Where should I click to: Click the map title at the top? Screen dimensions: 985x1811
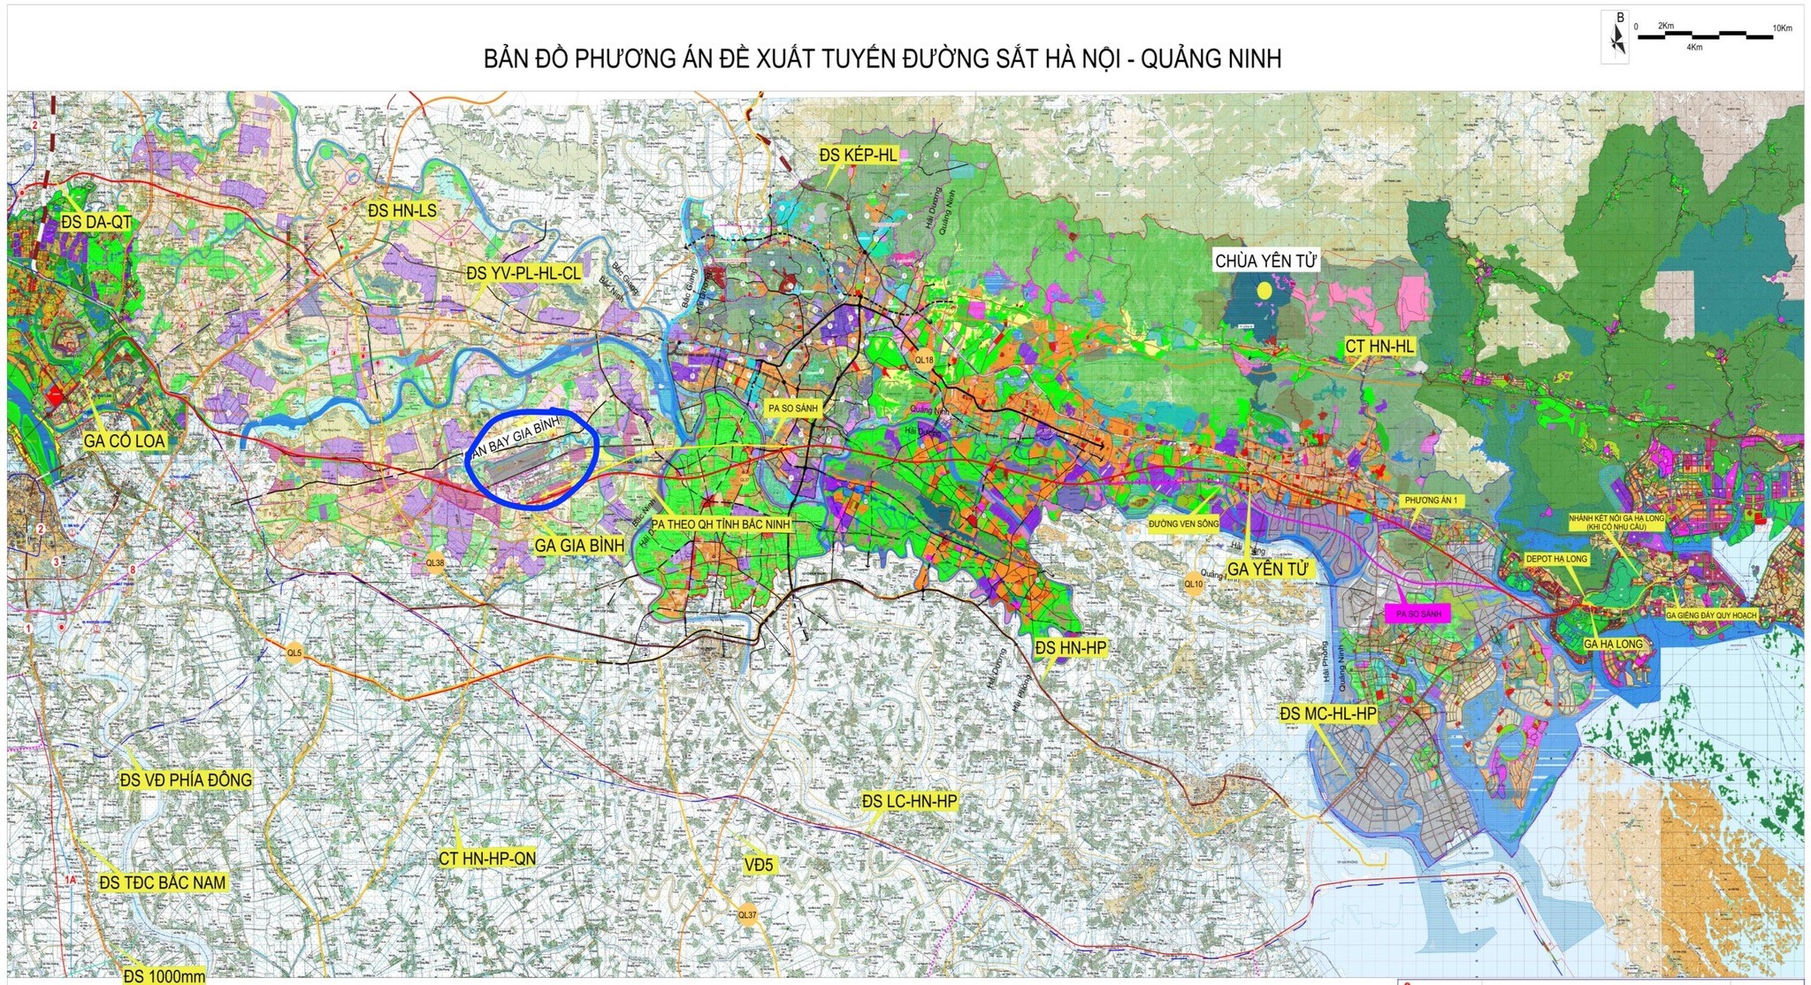tap(882, 59)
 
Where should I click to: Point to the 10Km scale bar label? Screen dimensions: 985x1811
tap(1781, 28)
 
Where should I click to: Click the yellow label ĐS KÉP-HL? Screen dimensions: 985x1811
tap(858, 156)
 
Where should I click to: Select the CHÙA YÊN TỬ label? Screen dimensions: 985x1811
tap(1265, 261)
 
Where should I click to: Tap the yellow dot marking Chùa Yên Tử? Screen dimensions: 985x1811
tap(1265, 290)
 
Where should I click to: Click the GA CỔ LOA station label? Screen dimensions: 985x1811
tap(125, 440)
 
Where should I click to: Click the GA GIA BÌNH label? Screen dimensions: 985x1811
tap(579, 545)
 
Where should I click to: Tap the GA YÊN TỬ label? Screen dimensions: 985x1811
tap(1267, 569)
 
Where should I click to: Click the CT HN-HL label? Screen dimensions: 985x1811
tap(1379, 347)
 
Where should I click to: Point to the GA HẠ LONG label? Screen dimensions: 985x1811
tap(1613, 644)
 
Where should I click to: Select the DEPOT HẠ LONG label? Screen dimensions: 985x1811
tap(1556, 559)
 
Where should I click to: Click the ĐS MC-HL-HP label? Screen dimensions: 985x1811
tap(1328, 714)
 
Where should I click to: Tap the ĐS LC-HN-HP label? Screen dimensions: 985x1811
tap(909, 801)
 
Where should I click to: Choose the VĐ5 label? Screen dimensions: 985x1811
tap(759, 865)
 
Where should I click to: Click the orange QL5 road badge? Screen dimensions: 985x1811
tap(294, 653)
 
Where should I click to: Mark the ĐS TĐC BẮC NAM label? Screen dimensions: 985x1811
tap(163, 882)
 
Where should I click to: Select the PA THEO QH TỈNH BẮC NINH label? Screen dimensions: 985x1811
tap(721, 524)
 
